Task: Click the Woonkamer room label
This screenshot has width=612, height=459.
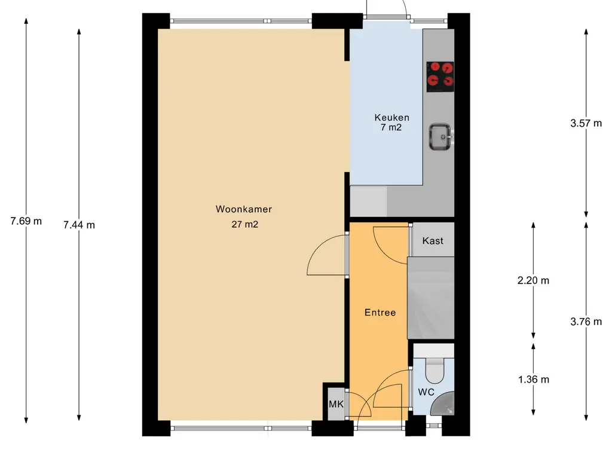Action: point(244,209)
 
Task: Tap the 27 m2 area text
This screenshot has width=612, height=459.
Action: point(244,225)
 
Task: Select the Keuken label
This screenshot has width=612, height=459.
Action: point(392,118)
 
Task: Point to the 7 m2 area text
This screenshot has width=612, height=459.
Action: point(391,127)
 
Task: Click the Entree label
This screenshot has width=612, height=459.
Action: point(380,313)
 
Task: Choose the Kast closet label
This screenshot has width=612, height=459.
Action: point(433,241)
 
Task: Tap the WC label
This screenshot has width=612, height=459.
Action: point(426,392)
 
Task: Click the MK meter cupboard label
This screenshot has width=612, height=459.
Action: point(336,405)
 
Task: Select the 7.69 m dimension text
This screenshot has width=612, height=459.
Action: point(26,221)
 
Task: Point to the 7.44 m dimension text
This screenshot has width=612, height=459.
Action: point(79,225)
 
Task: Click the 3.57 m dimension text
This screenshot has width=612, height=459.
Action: point(586,124)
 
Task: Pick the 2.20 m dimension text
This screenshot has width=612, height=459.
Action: point(533,281)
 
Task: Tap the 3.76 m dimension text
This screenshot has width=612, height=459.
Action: point(586,322)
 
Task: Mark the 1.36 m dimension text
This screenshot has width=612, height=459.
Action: point(534,380)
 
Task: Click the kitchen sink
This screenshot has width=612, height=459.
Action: point(441,137)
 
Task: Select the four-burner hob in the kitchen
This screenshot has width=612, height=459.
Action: point(440,77)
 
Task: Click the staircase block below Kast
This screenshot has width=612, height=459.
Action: point(431,298)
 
